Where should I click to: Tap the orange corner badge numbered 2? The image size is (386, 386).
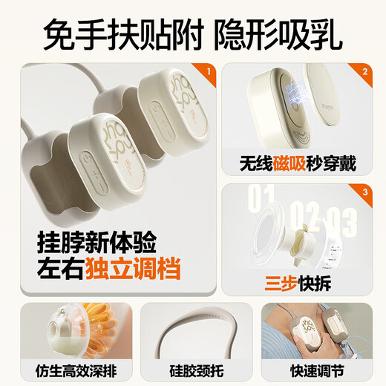click(364, 73)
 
